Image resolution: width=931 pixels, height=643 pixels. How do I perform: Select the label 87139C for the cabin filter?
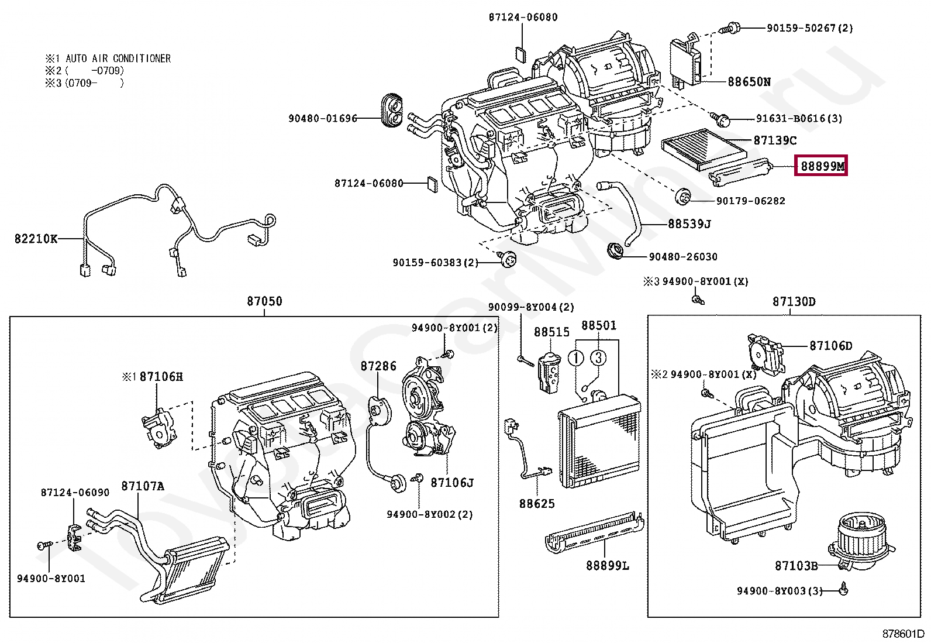pos(775,140)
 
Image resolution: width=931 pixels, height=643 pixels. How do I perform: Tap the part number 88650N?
pos(749,81)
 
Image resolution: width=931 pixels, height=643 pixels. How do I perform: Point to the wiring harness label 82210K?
pos(36,239)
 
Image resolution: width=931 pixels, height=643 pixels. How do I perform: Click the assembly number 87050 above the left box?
pos(264,301)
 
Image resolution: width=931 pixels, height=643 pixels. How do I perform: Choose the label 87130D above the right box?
pos(794,301)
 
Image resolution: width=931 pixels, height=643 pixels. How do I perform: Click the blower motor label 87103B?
pos(796,566)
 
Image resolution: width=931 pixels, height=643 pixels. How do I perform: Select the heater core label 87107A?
pos(143,486)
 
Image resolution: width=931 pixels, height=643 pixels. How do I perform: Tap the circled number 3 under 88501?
pos(598,357)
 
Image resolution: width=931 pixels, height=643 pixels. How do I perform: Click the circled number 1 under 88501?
pos(576,358)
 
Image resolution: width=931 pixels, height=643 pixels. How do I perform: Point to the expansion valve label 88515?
pos(551,332)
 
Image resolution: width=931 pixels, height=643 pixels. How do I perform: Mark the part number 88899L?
pos(608,566)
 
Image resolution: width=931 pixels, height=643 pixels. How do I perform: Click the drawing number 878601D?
pos(903,634)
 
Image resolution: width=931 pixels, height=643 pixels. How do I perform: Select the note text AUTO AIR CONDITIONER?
pos(118,59)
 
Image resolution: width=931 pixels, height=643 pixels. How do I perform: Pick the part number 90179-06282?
pos(751,201)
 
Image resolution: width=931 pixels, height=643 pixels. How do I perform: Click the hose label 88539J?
pos(689,224)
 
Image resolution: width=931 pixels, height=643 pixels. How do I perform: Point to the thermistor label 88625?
pos(537,504)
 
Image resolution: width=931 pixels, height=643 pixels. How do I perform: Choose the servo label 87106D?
pos(830,346)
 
